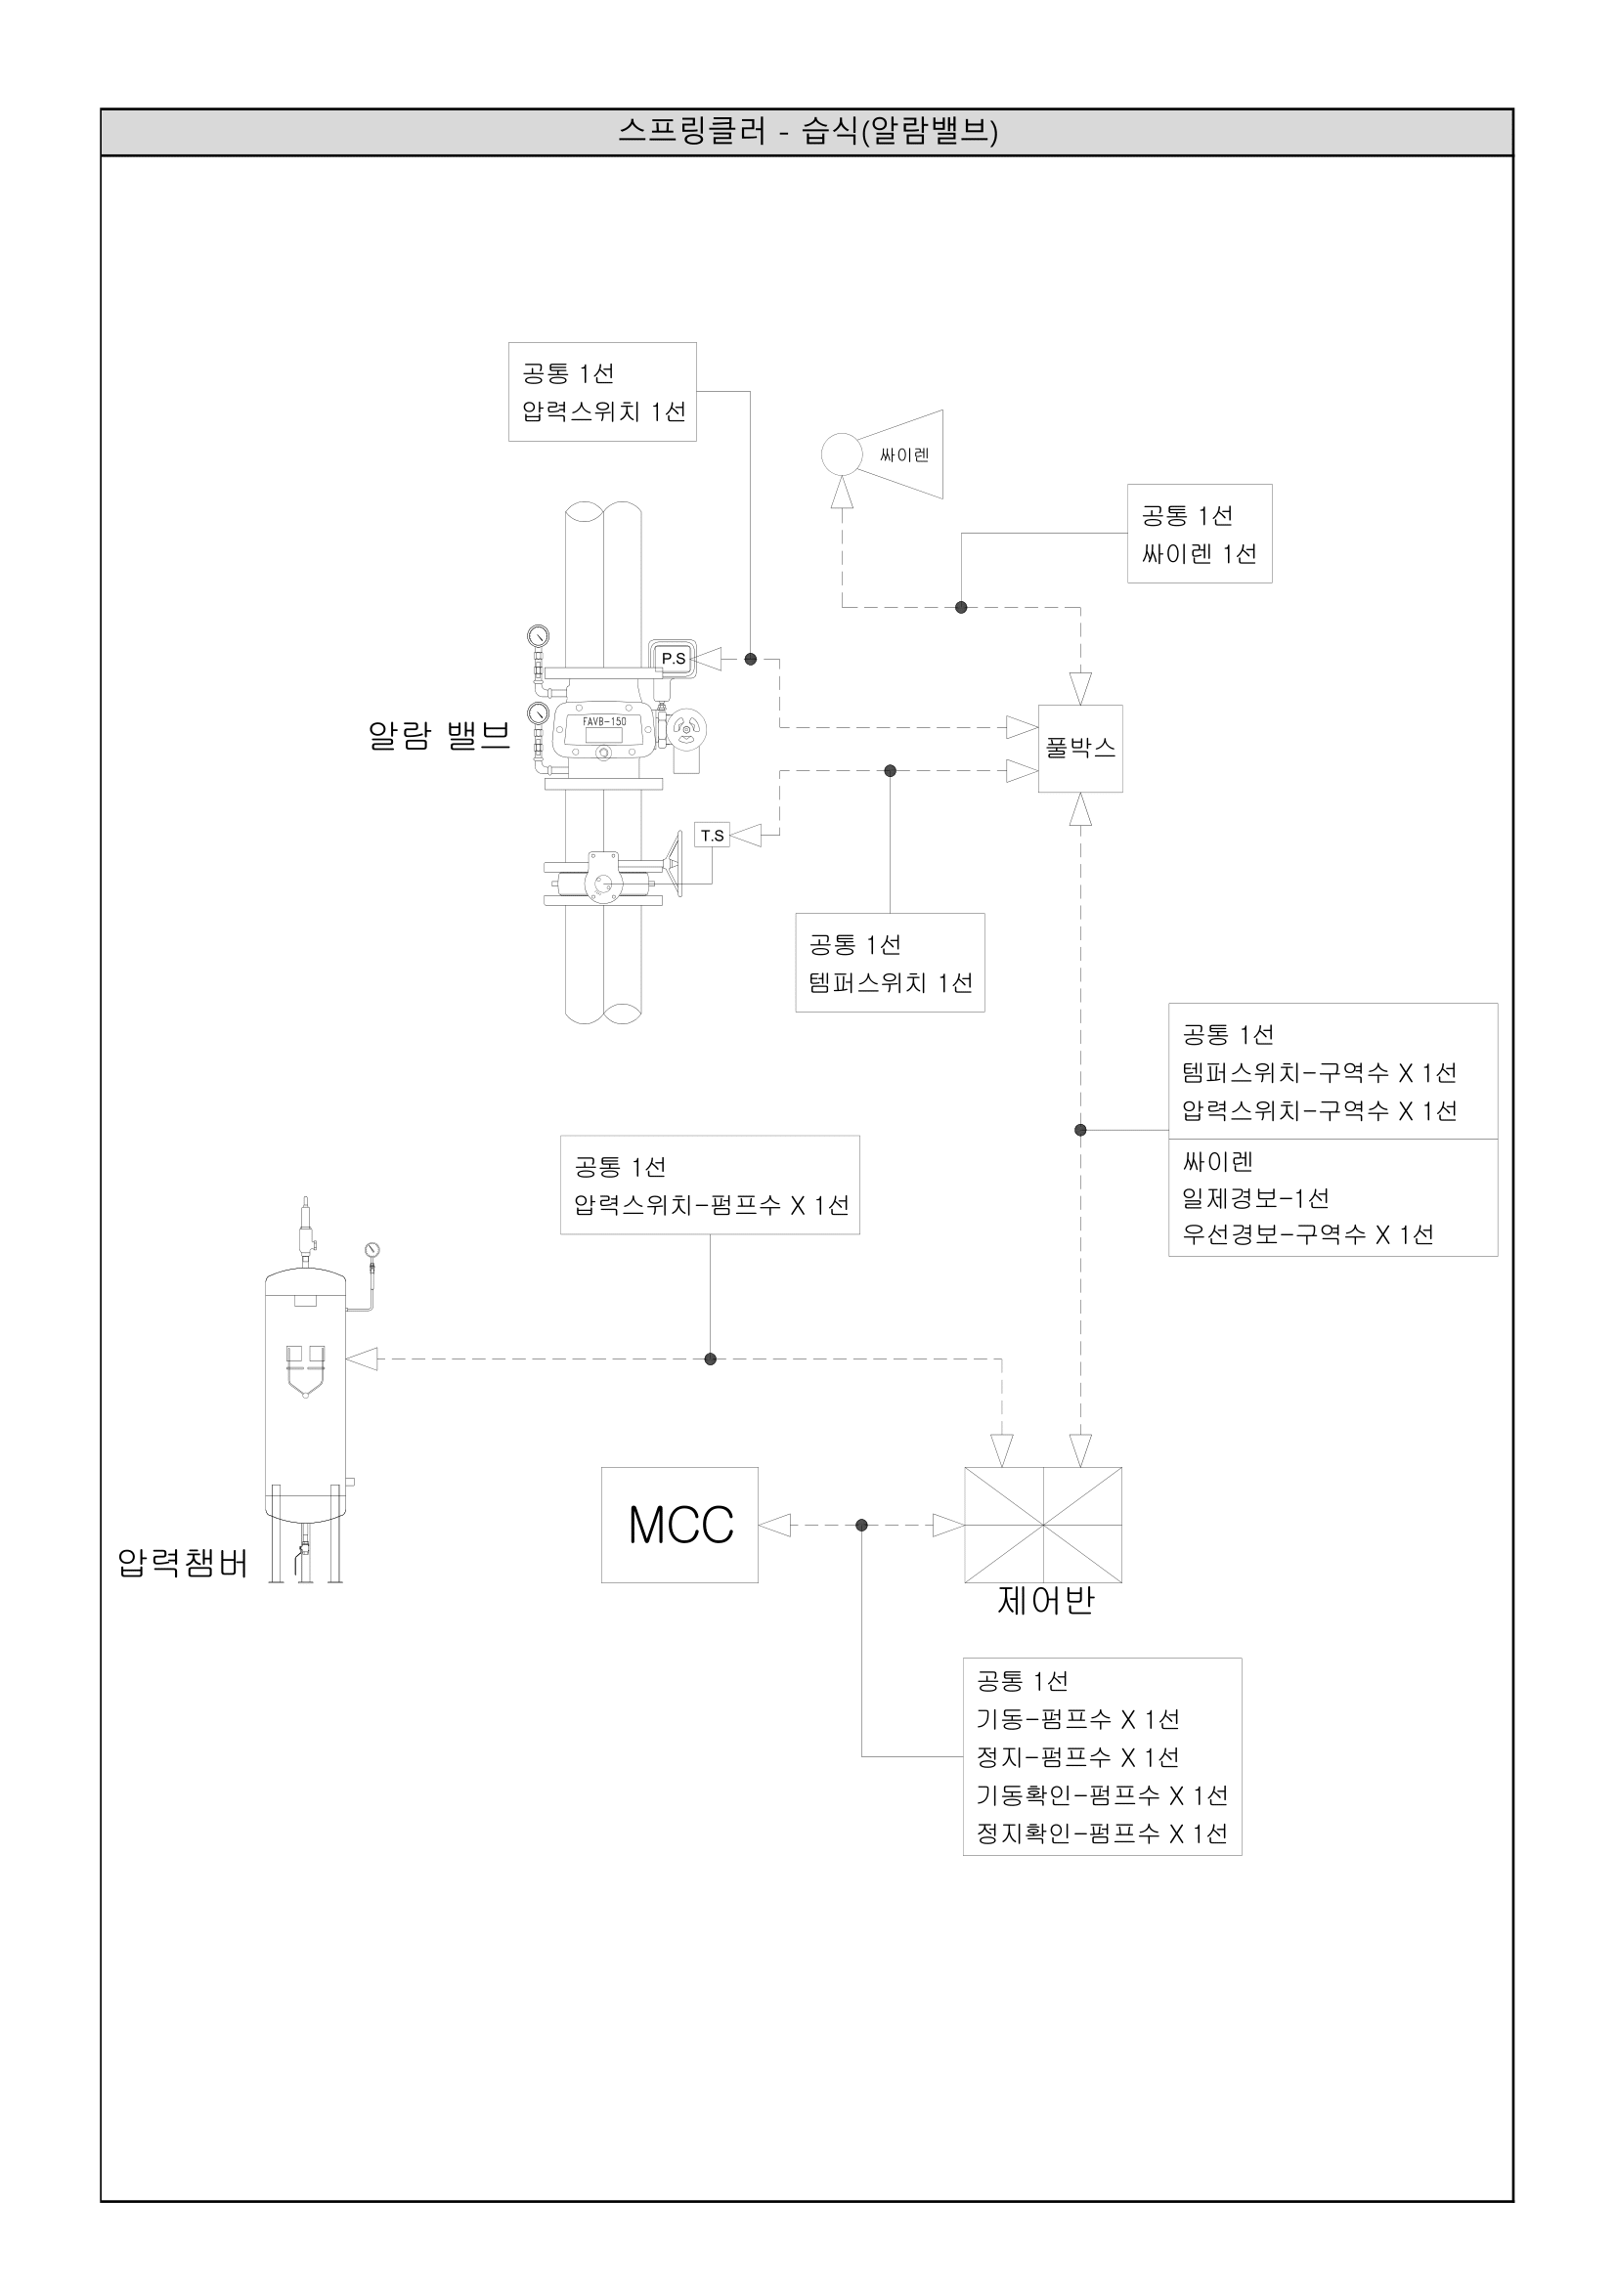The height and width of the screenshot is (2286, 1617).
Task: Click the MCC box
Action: (x=679, y=1525)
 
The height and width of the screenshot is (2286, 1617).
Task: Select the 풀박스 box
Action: (x=1080, y=749)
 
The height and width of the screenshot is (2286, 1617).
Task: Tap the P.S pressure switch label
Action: (x=673, y=658)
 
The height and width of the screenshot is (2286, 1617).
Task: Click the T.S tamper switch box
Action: (x=712, y=836)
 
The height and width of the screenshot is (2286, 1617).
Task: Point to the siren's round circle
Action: (x=842, y=454)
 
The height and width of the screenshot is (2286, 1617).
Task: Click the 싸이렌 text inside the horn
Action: (x=904, y=455)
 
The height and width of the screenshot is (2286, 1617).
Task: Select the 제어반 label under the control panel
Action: (x=1045, y=1601)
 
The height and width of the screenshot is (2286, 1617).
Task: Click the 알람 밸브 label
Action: (x=439, y=736)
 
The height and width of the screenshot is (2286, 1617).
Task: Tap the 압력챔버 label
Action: (x=182, y=1563)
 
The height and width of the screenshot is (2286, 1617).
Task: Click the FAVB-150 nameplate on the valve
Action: (x=603, y=721)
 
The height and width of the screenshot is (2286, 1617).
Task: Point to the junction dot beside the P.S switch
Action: (x=751, y=659)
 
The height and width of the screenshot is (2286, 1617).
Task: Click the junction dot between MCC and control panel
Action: (x=861, y=1526)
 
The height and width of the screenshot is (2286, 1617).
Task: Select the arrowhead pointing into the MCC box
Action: (x=774, y=1526)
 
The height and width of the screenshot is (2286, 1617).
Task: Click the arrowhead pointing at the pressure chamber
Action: (x=363, y=1359)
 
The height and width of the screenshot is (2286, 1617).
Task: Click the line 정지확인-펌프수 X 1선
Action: (x=1101, y=1833)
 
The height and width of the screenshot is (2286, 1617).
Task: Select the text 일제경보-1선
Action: (x=1254, y=1198)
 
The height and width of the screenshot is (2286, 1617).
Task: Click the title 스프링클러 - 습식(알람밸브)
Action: (x=808, y=131)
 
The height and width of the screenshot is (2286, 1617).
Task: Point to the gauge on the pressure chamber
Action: (x=372, y=1251)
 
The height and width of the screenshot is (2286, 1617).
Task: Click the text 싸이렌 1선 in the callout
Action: (x=1199, y=553)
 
